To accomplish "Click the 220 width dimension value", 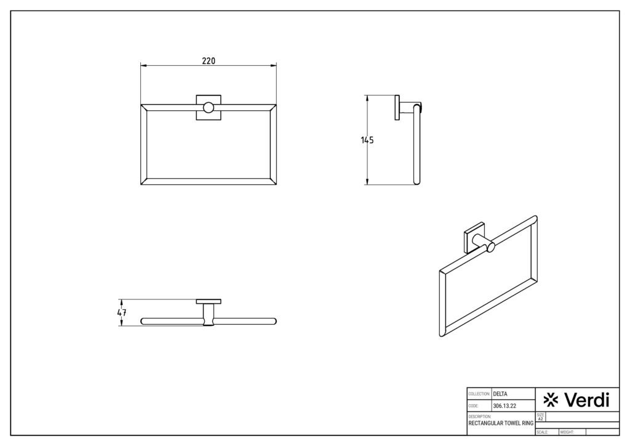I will click(208, 60).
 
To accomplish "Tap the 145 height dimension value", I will click(367, 140).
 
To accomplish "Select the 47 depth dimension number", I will click(122, 312).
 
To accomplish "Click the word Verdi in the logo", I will click(586, 400).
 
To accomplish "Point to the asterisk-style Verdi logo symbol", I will click(552, 401).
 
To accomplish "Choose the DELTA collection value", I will click(500, 394).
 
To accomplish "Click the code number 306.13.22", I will click(504, 406).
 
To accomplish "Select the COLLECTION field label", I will click(479, 394).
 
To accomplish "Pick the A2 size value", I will click(541, 419).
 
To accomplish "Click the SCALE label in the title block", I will click(542, 432).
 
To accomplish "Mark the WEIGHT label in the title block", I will click(567, 432).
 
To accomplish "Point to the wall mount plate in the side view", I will click(398, 108).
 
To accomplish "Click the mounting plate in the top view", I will click(209, 301).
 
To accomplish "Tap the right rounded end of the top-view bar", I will click(275, 321).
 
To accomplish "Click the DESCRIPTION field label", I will click(479, 417).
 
